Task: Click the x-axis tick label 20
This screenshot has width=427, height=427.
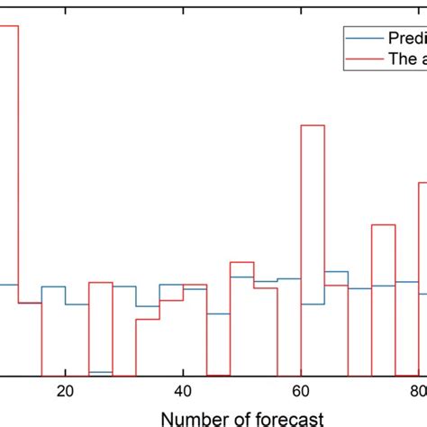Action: (65, 391)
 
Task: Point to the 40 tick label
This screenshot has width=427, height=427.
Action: (183, 391)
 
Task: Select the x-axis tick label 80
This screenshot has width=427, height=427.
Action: (417, 391)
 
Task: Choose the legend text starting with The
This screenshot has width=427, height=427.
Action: (406, 59)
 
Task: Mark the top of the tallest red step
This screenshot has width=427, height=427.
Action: (9, 25)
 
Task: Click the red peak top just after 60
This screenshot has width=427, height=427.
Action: (312, 125)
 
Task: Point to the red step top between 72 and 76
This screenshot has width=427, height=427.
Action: (383, 225)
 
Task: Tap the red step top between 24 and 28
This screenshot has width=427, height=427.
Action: (100, 282)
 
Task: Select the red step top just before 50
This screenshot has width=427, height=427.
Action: (241, 262)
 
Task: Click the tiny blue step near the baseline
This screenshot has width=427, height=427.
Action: (100, 372)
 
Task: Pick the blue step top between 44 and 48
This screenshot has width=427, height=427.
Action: (218, 313)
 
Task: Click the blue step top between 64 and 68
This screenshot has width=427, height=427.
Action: (336, 271)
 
